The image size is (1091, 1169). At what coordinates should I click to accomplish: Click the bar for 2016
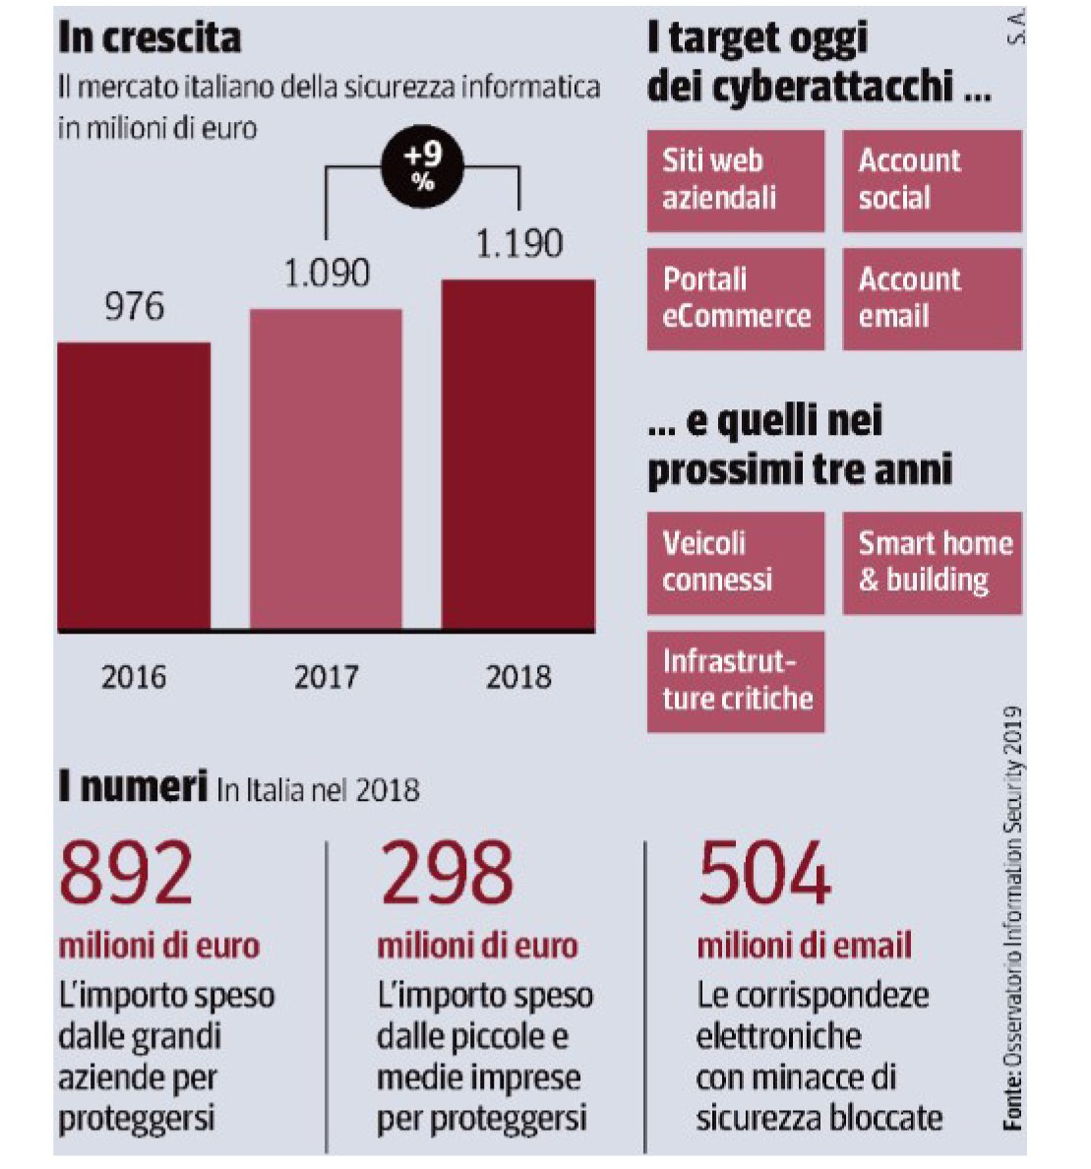coord(134,486)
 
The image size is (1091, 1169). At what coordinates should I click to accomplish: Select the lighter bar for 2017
coord(326,469)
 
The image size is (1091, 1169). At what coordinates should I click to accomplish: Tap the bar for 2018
coord(518,455)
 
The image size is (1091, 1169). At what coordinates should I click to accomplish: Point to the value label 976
coord(134,306)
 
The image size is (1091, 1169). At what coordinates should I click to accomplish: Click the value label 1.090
coord(327,273)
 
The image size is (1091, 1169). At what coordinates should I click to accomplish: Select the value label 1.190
coord(518,243)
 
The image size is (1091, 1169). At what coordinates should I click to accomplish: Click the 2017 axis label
coord(326,676)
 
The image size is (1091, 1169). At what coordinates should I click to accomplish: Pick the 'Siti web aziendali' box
coord(735,180)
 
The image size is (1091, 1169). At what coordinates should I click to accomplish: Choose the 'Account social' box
coord(931,180)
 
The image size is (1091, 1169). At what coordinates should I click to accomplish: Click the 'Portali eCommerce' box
coord(735,298)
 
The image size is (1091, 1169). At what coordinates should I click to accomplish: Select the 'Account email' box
coord(931,298)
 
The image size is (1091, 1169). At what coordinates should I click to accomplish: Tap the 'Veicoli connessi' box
coord(735,563)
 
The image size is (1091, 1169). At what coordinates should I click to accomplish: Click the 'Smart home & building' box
coord(931,563)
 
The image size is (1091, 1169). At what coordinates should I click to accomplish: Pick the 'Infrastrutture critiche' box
coord(735,681)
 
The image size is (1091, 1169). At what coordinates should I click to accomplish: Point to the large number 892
coord(127,873)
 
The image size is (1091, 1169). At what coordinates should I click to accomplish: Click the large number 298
coord(446,873)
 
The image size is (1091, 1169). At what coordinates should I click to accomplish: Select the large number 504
coord(764,873)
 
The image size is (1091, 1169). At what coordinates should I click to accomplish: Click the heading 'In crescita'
coord(150,37)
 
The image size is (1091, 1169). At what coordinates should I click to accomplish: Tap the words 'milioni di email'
coord(805,946)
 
